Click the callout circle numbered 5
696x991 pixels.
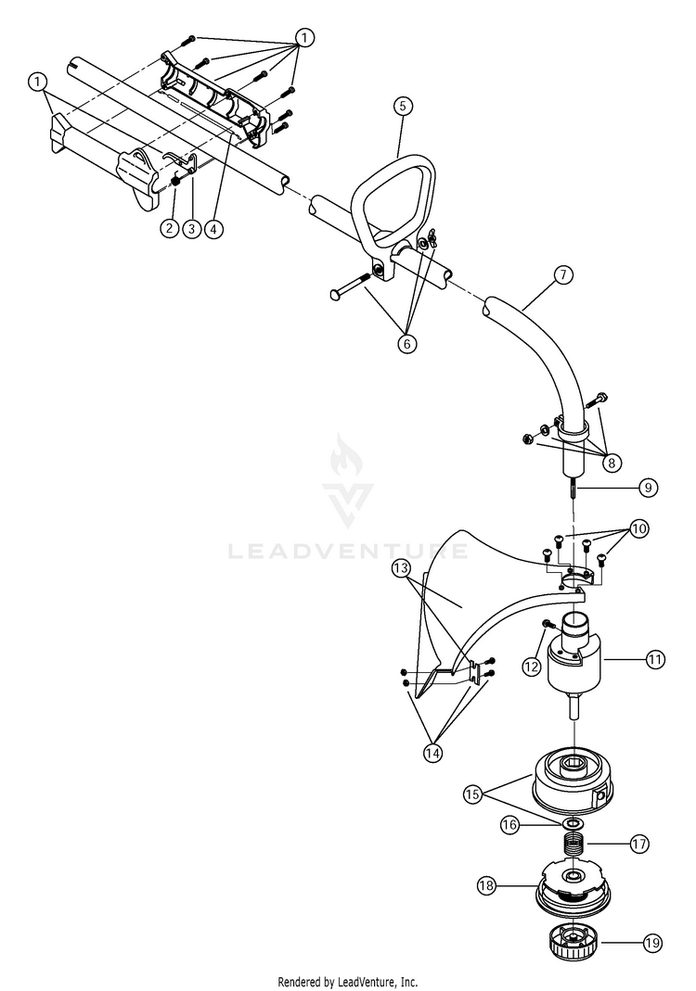coord(401,106)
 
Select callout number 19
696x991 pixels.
coord(652,943)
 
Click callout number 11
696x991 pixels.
coord(656,660)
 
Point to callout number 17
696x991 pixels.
coord(638,845)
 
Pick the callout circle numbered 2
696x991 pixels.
coord(169,227)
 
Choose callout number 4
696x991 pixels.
coord(214,227)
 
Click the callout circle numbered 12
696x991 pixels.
coord(531,665)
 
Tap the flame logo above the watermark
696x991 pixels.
coord(348,477)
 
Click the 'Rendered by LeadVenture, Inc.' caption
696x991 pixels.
coord(348,982)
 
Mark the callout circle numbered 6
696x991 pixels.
coord(406,343)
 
